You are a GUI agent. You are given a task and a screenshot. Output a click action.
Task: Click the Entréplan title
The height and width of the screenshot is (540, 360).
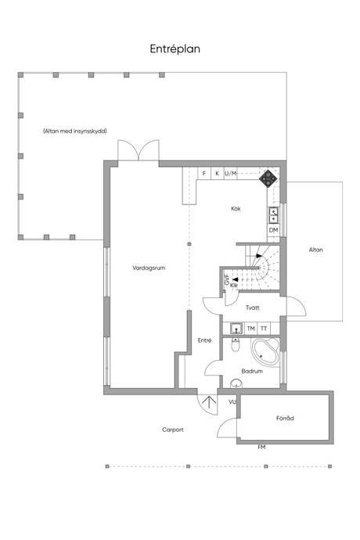(x=175, y=49)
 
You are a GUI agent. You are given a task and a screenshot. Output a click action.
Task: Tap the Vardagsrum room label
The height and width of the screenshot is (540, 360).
(x=149, y=268)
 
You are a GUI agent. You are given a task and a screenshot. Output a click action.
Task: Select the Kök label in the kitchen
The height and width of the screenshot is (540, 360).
(x=236, y=209)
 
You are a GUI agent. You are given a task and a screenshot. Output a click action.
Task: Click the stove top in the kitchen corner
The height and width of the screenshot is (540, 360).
(x=268, y=178)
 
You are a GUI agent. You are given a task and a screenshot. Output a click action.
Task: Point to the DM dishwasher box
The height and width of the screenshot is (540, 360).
(x=274, y=230)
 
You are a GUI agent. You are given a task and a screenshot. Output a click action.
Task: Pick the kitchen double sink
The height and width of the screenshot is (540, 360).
(x=274, y=215)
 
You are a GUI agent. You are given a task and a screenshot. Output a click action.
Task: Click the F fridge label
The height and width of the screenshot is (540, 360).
(x=204, y=173)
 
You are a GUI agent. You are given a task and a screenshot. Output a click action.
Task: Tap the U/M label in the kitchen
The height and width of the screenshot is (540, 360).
(x=231, y=173)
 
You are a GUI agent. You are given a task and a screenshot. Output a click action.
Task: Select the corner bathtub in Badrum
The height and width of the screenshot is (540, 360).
(x=265, y=351)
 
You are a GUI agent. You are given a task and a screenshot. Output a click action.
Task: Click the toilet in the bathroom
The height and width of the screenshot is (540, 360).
(x=236, y=344)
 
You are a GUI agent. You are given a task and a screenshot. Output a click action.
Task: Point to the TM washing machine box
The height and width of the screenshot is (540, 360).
(x=250, y=329)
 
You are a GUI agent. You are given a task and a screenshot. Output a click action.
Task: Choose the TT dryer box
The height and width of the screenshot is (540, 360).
(x=264, y=329)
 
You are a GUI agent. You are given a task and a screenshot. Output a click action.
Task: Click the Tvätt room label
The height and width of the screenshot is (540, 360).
(x=253, y=308)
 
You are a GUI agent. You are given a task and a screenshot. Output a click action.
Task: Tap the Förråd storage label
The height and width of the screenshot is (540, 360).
(x=285, y=418)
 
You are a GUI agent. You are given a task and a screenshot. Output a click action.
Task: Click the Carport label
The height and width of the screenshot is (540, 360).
(x=173, y=430)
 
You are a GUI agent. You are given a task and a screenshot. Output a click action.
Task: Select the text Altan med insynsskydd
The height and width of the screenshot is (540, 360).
(x=75, y=131)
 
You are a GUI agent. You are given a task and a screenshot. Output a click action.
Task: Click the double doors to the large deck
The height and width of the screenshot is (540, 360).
(x=139, y=150)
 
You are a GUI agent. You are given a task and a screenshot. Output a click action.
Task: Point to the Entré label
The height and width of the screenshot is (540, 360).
(x=204, y=340)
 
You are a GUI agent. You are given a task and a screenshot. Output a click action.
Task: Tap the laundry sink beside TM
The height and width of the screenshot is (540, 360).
(x=236, y=329)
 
